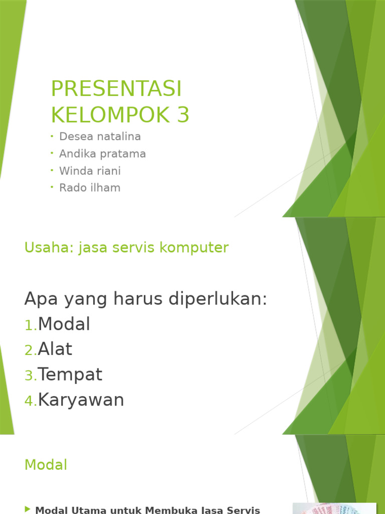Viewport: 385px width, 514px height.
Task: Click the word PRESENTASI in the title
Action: [x=116, y=89]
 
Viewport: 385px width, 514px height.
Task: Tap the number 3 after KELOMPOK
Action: [x=183, y=115]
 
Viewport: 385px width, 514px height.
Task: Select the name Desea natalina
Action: [x=100, y=137]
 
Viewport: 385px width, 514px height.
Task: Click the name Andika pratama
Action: [x=102, y=154]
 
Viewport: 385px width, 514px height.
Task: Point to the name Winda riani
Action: [x=90, y=171]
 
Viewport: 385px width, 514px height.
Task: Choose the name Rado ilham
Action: [x=90, y=188]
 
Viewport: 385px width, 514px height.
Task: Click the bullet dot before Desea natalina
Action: [x=52, y=136]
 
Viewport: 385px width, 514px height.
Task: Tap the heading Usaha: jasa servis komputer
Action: [x=126, y=247]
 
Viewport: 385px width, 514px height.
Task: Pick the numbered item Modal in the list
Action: [x=64, y=324]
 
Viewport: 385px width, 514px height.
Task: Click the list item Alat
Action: [x=55, y=349]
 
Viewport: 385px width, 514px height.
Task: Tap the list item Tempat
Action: [x=70, y=374]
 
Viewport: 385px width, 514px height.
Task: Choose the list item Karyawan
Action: [x=81, y=400]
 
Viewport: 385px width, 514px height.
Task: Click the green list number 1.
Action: [x=30, y=326]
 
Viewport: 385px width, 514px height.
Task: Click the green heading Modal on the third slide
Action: [x=46, y=465]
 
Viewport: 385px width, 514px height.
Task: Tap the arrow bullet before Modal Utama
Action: [x=28, y=509]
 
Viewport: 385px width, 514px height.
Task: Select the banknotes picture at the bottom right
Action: [x=334, y=508]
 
